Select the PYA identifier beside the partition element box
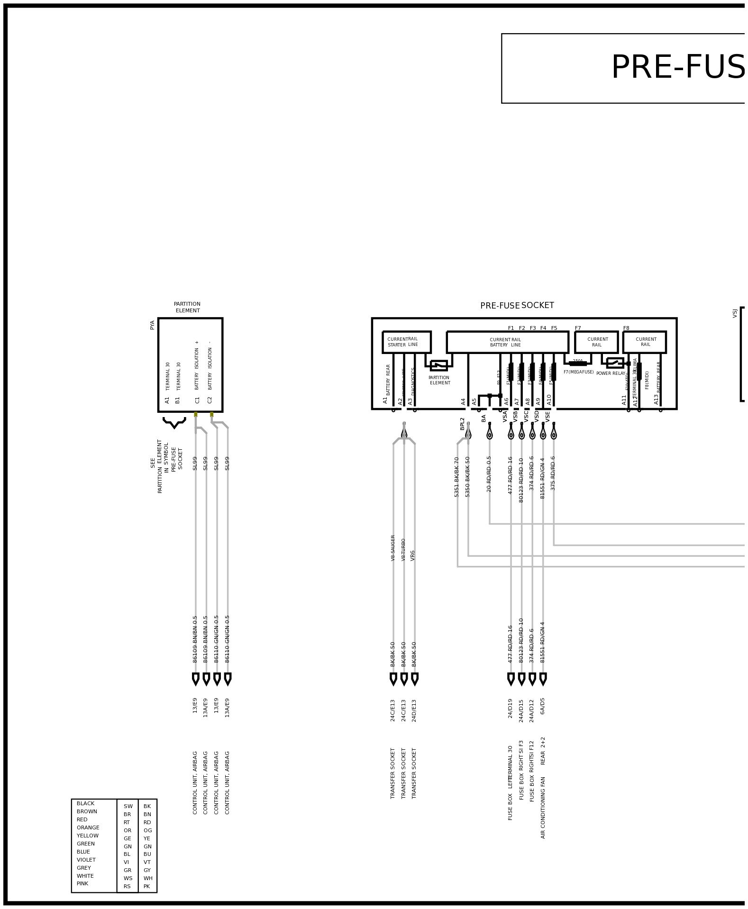point(152,325)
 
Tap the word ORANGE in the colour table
point(88,827)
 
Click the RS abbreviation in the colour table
point(127,886)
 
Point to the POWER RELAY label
point(610,373)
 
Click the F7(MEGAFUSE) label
point(578,372)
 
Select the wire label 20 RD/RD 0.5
point(489,473)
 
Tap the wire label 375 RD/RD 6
point(553,473)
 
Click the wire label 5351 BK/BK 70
point(457,476)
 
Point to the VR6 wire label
point(413,555)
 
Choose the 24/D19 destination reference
point(511,709)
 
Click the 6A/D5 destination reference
point(543,706)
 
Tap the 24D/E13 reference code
point(414,710)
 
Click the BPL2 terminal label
point(463,423)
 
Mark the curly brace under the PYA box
point(174,422)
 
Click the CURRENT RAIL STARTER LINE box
point(406,342)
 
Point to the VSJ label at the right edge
point(735,313)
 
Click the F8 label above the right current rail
point(626,328)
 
